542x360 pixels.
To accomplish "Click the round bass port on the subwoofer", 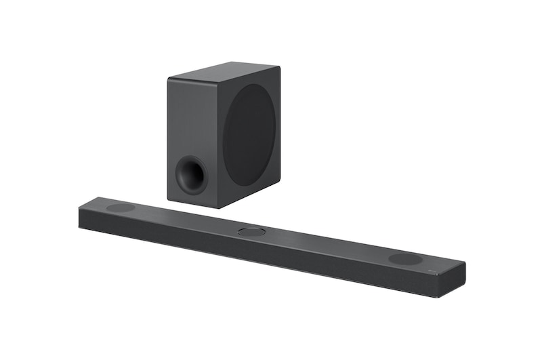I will point(190,175).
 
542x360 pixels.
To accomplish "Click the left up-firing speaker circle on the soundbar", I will point(121,207).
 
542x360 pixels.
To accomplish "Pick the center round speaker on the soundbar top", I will point(252,232).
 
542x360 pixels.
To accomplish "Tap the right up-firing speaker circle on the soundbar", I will point(405,259).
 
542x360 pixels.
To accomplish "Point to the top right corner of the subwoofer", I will point(279,66).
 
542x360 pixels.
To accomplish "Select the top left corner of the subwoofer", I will point(168,80).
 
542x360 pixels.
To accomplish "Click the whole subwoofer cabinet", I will point(224,136).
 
